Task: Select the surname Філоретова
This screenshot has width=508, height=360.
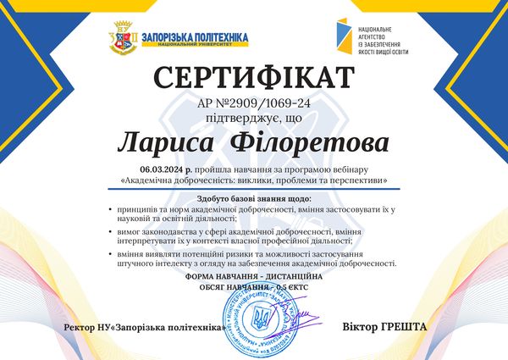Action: tap(305, 140)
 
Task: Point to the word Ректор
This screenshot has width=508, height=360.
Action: tap(80, 327)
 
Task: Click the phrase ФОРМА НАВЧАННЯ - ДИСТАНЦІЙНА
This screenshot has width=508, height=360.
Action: tap(252, 277)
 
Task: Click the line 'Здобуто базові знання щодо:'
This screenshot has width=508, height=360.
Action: tap(252, 197)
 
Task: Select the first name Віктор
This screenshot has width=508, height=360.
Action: tap(358, 326)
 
